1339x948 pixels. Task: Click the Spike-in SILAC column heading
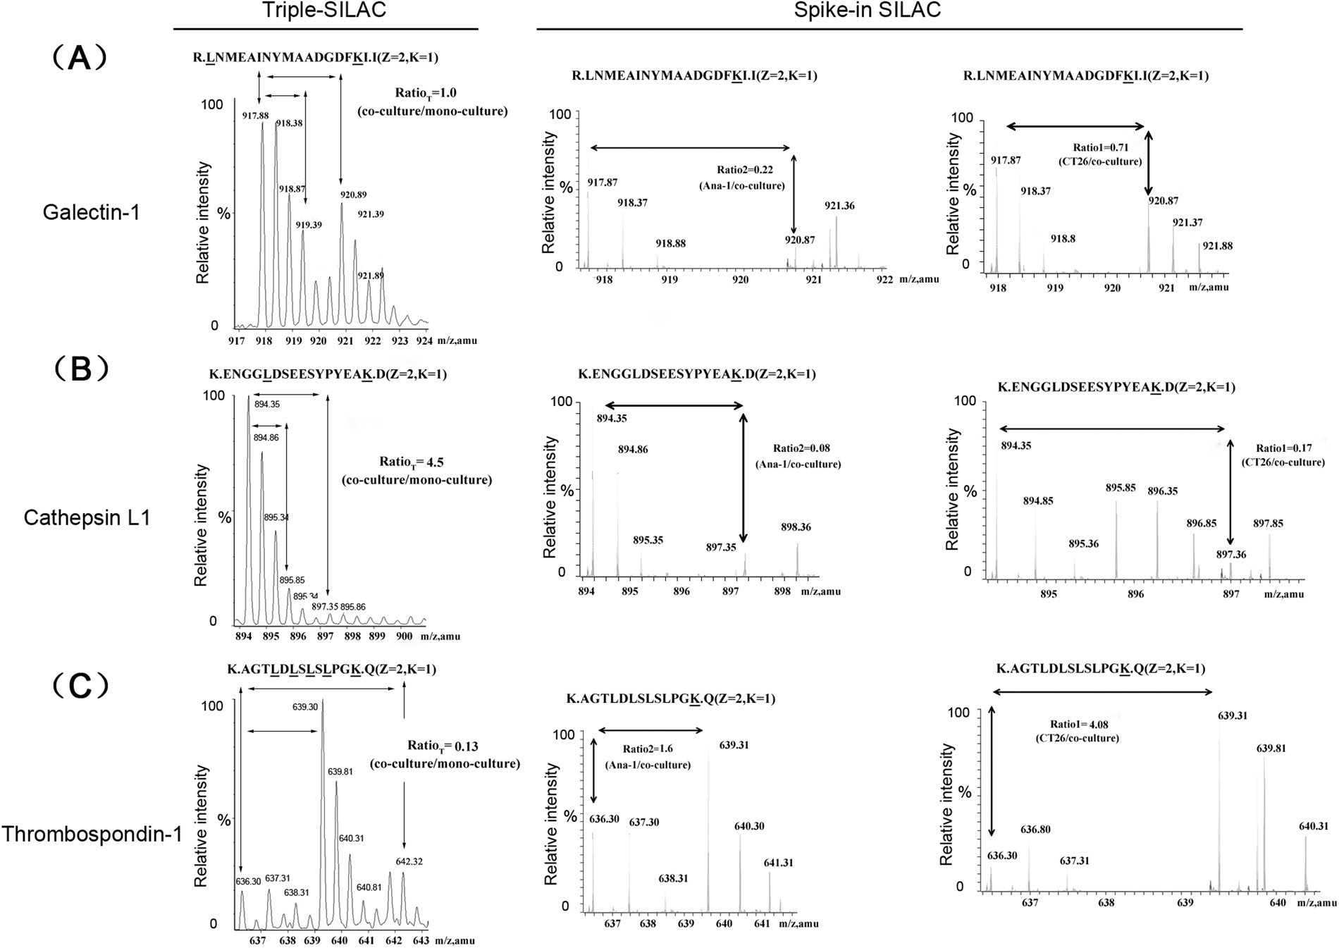(868, 10)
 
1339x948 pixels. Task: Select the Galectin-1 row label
(91, 211)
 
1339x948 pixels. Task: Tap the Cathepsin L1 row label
(87, 518)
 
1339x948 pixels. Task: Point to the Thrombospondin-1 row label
(92, 834)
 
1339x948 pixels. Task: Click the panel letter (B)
(80, 368)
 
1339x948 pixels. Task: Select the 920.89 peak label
(352, 195)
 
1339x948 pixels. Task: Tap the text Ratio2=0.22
(745, 170)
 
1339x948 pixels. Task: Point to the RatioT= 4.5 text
(412, 462)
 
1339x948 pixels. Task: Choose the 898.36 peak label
(796, 527)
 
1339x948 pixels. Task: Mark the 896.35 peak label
(1162, 491)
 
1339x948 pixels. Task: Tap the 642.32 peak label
(409, 861)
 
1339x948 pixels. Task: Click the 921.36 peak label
(839, 206)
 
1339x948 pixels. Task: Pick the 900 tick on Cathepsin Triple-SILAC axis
(404, 636)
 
